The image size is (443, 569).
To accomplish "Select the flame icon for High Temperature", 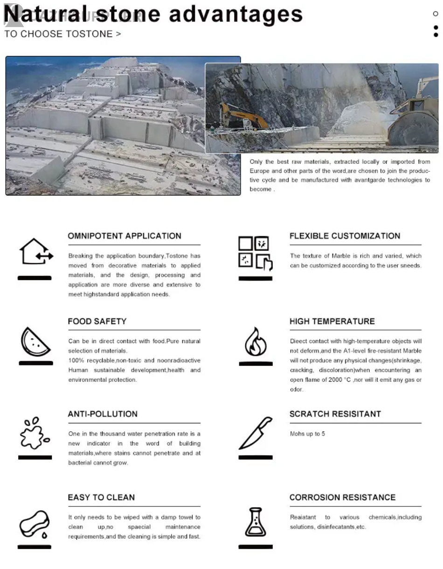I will coord(256,342).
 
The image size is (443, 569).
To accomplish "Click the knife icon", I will coord(256,433).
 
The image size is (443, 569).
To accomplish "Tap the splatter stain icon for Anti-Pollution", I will coord(35,433).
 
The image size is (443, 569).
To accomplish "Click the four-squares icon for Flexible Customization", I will coord(256,253).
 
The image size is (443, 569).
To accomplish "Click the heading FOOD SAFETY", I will coord(97,321).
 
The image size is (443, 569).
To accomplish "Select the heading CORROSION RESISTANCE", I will coord(342,497).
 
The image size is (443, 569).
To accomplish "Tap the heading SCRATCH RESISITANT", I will coord(335,414).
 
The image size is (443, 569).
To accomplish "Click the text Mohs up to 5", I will coord(307,434).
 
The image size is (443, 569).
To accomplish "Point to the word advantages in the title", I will coord(235,14).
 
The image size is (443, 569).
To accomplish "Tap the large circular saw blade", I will coord(413,128).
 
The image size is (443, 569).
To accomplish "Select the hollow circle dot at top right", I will coord(436,14).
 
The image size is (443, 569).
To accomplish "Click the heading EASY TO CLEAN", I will coord(101,497).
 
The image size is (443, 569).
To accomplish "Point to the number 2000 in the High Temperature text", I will coord(335,380).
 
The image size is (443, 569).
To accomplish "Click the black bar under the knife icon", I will coord(256,457).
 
